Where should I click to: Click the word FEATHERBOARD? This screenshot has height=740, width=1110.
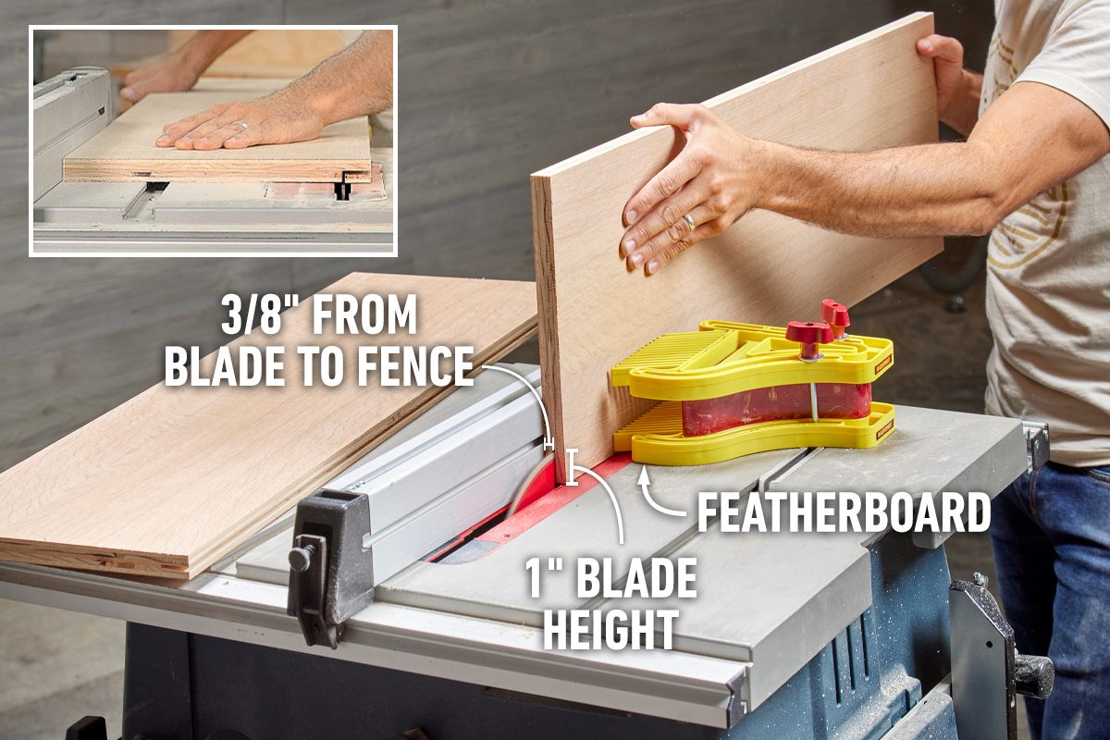point(843,512)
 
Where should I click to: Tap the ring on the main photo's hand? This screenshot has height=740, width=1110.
point(690,222)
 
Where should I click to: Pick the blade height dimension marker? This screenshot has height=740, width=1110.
point(573,466)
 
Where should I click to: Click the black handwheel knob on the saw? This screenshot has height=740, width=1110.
point(1033,674)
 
